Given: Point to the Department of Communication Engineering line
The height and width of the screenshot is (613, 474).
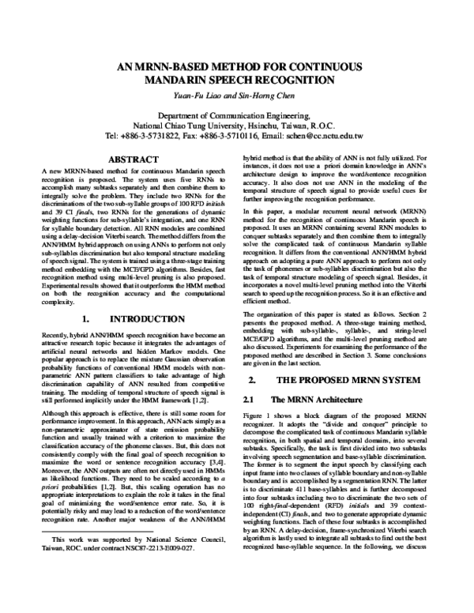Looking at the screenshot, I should (x=236, y=115).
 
